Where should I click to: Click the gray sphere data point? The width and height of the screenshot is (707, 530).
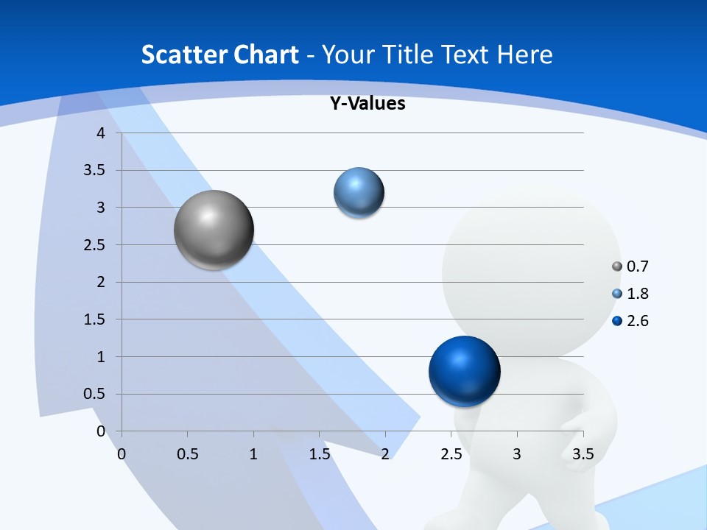click(x=214, y=230)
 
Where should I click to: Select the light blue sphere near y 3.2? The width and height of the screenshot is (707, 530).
click(x=359, y=193)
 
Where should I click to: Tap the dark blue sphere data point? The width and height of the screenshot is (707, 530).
click(x=464, y=371)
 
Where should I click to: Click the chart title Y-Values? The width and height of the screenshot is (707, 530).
click(x=367, y=103)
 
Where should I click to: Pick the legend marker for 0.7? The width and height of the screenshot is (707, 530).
click(x=617, y=266)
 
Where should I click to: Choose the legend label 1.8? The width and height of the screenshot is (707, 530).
click(x=637, y=294)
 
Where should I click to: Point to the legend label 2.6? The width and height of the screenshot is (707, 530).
click(x=637, y=321)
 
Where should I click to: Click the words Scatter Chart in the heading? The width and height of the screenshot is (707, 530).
click(x=219, y=54)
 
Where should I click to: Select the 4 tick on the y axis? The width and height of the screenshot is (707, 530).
click(x=102, y=133)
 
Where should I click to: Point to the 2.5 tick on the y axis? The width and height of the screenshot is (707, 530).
click(x=95, y=245)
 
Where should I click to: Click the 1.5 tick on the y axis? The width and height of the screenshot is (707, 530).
click(x=95, y=319)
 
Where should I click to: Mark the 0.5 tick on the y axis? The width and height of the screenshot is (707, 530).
click(x=95, y=395)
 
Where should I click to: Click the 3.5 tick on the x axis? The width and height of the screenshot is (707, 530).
click(x=583, y=454)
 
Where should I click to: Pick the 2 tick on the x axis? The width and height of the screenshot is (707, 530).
click(x=385, y=454)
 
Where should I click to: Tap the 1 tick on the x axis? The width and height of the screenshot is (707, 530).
click(x=253, y=454)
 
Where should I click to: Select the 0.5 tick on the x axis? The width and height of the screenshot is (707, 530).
click(x=188, y=454)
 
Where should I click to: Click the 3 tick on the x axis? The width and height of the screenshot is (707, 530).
click(x=517, y=454)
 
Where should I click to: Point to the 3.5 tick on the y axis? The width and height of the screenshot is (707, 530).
click(x=95, y=171)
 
